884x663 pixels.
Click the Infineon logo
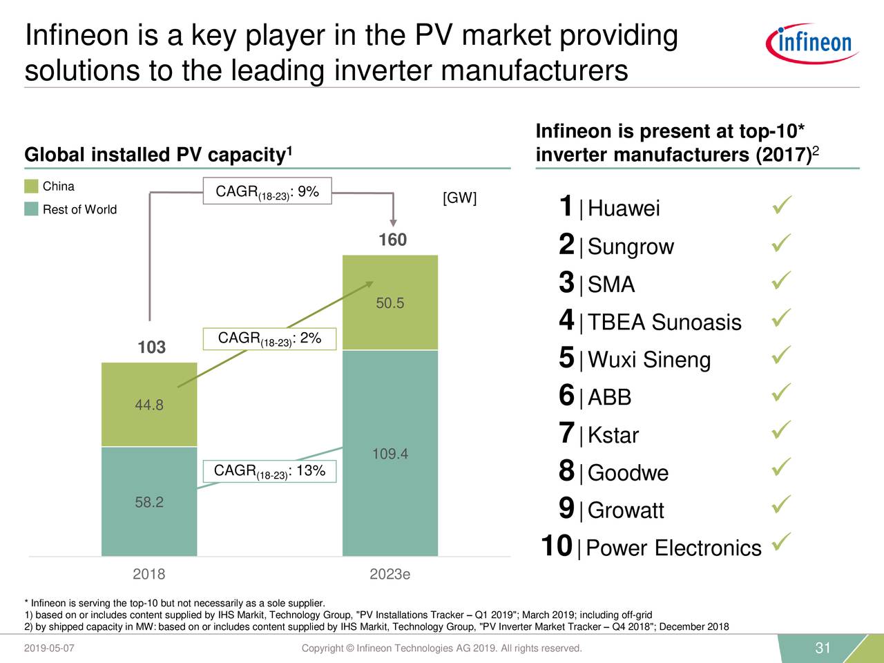pos(812,43)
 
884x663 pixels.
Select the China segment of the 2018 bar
pos(149,405)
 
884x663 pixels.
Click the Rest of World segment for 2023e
pos(390,453)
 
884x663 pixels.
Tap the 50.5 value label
pos(390,303)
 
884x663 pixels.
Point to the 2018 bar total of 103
pos(151,347)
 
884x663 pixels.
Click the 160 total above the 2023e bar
pos(392,240)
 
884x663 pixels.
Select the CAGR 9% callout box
pos(267,191)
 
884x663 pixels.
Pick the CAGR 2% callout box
pos(269,338)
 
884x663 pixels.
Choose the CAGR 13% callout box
pos(269,471)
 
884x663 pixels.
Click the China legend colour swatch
pos(31,186)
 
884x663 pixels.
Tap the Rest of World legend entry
pos(79,209)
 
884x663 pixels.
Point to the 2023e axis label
pos(390,575)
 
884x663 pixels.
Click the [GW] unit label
pos(459,199)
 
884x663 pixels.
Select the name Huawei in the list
pos(624,209)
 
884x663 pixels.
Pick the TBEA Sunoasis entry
pos(664,323)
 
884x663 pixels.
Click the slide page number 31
pos(822,648)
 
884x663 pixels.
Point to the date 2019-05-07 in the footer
pos(50,648)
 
